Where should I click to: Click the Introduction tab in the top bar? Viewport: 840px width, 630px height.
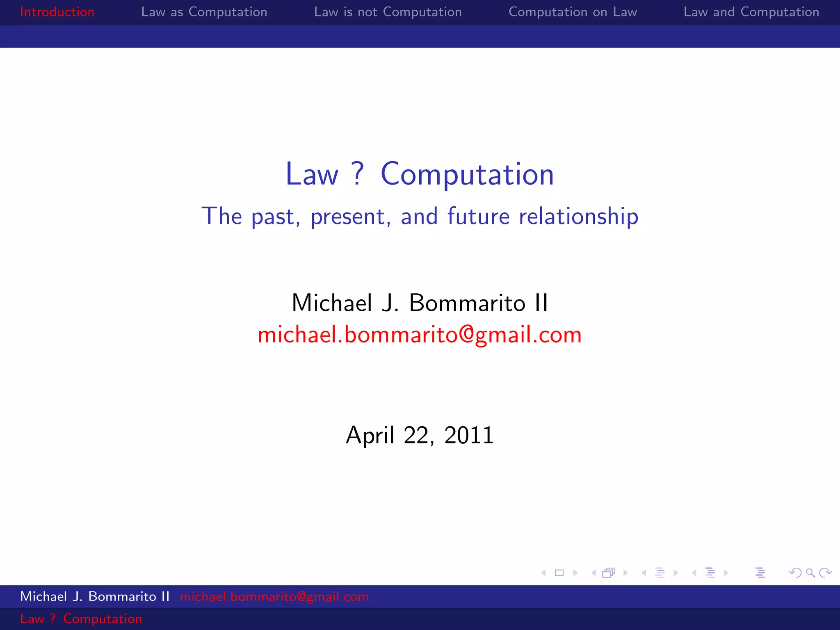tap(57, 12)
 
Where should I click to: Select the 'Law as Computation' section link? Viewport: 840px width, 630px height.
tap(204, 12)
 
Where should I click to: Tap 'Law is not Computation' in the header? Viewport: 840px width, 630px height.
tap(388, 12)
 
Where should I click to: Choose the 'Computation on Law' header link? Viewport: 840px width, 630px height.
tap(573, 12)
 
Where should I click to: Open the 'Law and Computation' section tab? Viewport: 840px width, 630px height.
tap(751, 12)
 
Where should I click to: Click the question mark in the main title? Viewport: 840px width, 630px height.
tap(358, 173)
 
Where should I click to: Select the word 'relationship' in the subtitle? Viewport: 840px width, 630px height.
tap(578, 217)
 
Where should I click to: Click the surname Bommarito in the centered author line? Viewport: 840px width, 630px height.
tap(467, 303)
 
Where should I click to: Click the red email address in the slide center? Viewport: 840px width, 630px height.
tap(420, 335)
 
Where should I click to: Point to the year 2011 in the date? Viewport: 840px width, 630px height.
tap(469, 435)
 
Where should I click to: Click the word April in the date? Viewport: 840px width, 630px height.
tap(370, 436)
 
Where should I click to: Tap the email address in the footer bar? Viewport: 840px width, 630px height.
tap(274, 596)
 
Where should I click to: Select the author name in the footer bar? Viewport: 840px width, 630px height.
tap(95, 596)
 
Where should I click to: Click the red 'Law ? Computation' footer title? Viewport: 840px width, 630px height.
tap(81, 619)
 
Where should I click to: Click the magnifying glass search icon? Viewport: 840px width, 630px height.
tap(810, 573)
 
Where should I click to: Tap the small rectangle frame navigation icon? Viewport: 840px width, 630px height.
tap(559, 573)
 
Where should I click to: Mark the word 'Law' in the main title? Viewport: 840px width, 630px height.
tap(312, 174)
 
